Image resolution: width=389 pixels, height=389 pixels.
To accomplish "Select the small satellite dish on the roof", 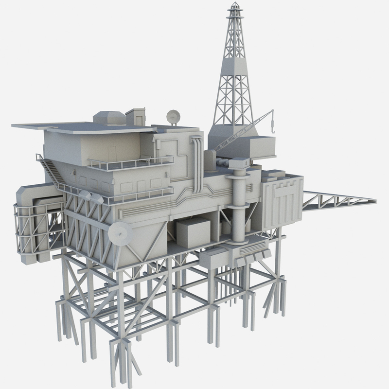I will pyautogui.click(x=173, y=117).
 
